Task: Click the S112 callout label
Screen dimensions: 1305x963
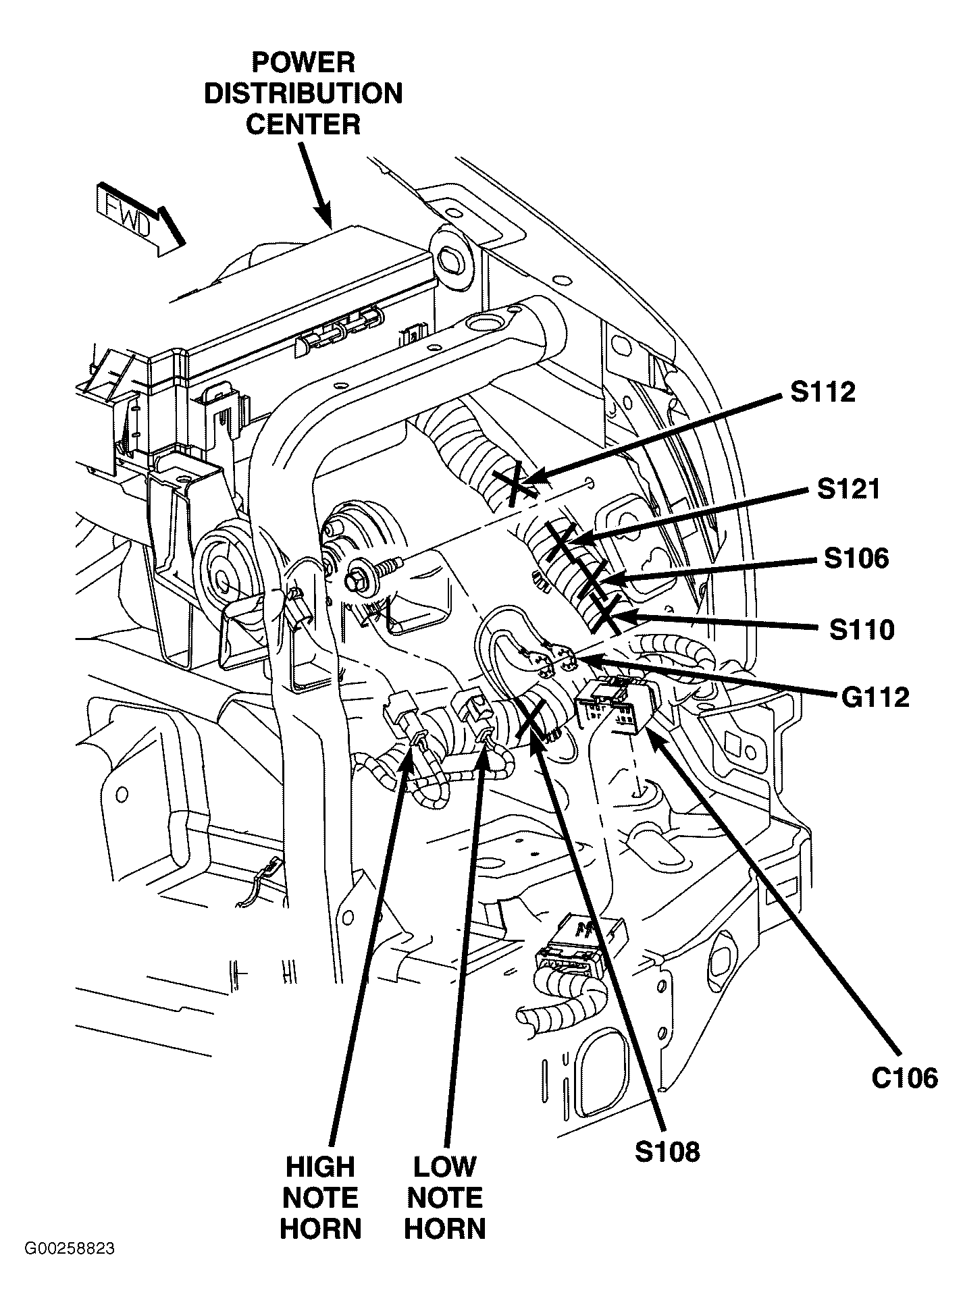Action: pos(823,392)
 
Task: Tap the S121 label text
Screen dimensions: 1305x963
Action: pos(848,489)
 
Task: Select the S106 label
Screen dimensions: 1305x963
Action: pos(856,558)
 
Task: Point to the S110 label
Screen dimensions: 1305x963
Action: pos(862,629)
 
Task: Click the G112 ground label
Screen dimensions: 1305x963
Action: pos(875,697)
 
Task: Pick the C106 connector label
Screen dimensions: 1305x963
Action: pos(904,1078)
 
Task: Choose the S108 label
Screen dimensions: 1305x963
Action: pos(667,1151)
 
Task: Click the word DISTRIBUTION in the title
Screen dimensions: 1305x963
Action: pos(303,94)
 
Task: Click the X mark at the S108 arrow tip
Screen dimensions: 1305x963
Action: pos(531,719)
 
